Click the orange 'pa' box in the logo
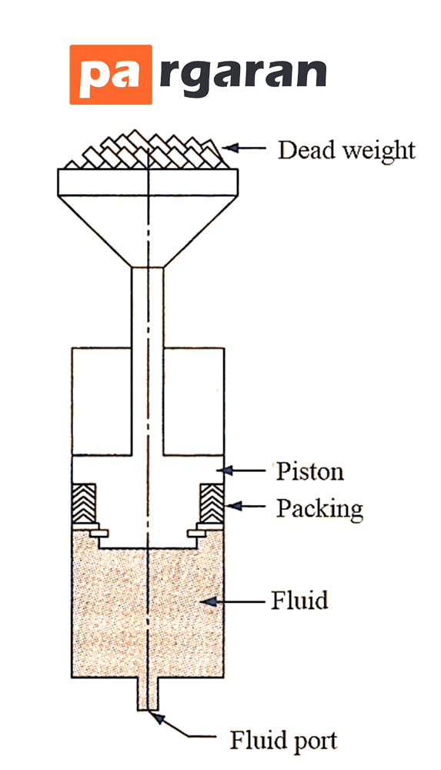pyautogui.click(x=111, y=75)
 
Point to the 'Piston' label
pyautogui.click(x=309, y=471)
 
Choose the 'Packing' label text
pyautogui.click(x=319, y=509)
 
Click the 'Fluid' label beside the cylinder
pyautogui.click(x=299, y=600)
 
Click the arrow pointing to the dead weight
pyautogui.click(x=244, y=147)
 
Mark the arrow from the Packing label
pyautogui.click(x=246, y=504)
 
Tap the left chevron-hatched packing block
pyautogui.click(x=84, y=505)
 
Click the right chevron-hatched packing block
pyautogui.click(x=212, y=504)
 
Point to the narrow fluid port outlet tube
pyautogui.click(x=148, y=695)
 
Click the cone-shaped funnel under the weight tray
pyautogui.click(x=148, y=230)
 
